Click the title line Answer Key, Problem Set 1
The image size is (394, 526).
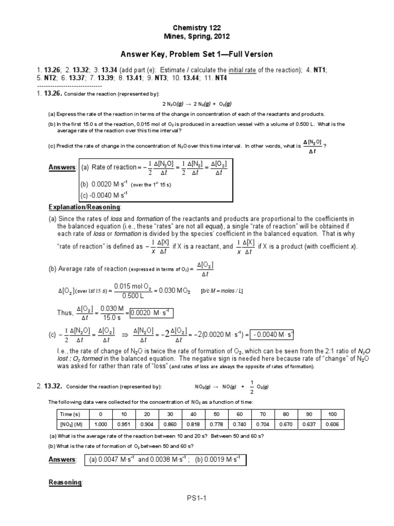(196, 54)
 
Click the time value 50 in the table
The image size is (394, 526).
(216, 414)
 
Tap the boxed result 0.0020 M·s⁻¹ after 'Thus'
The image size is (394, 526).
(152, 312)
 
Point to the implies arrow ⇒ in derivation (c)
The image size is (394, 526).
(125, 335)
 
